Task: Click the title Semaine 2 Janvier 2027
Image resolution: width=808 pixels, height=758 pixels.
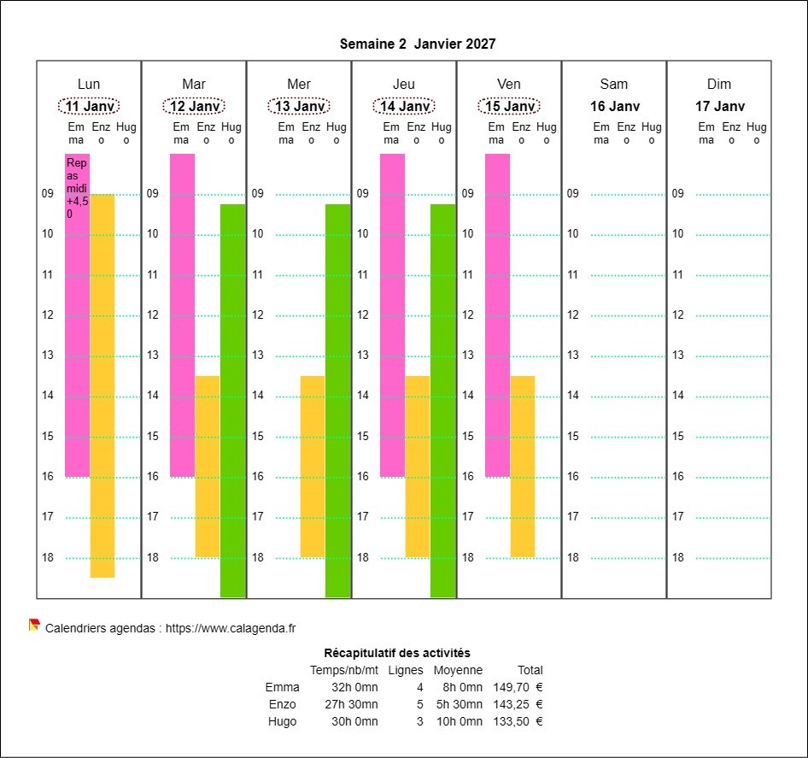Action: click(417, 44)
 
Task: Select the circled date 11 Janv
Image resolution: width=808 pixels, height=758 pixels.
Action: click(89, 106)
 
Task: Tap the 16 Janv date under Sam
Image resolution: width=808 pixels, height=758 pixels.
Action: click(614, 106)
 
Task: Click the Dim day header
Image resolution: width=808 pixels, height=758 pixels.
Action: click(719, 84)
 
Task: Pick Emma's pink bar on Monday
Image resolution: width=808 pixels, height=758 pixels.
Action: click(77, 342)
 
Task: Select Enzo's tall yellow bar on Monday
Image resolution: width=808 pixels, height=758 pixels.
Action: click(102, 385)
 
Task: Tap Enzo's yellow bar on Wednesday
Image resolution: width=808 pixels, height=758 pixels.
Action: click(313, 466)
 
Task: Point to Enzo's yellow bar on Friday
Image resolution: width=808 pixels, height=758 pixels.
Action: click(523, 466)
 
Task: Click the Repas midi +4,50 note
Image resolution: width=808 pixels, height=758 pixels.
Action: click(77, 188)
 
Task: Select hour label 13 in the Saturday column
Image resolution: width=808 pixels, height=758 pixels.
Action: click(573, 355)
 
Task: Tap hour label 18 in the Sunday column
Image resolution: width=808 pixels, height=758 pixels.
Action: click(678, 557)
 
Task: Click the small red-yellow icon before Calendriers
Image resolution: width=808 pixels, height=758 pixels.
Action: click(34, 625)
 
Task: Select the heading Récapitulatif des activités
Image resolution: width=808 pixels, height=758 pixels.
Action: click(397, 653)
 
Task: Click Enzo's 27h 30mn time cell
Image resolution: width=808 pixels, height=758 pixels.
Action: click(354, 704)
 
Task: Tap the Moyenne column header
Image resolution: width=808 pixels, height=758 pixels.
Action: click(458, 670)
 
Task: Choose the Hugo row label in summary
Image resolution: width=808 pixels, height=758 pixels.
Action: click(283, 721)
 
